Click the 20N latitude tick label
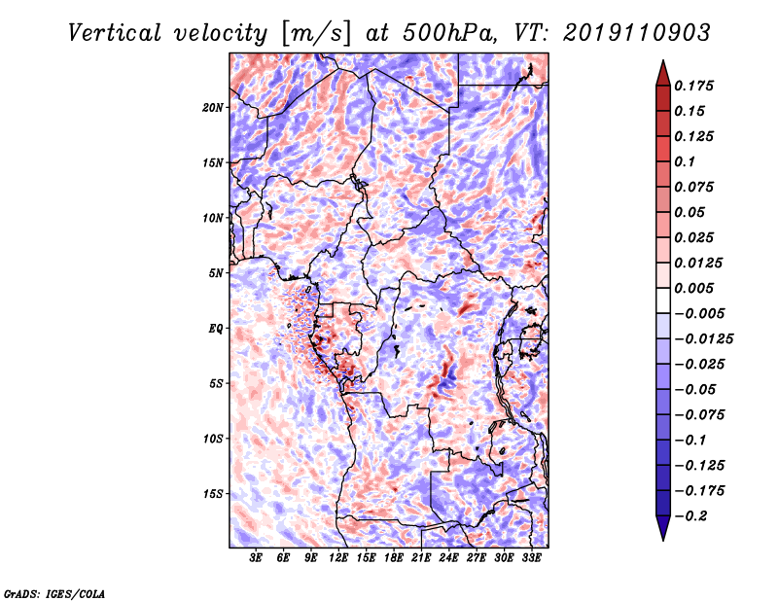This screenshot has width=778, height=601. [x=213, y=107]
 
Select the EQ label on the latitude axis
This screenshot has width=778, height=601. [x=216, y=328]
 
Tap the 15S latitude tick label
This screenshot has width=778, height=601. [x=213, y=493]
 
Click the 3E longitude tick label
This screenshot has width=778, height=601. [x=257, y=559]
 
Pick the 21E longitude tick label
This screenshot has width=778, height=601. [x=421, y=559]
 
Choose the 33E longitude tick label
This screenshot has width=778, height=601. [x=531, y=559]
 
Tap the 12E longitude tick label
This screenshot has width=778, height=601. [x=338, y=559]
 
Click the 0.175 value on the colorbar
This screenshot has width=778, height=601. [x=696, y=86]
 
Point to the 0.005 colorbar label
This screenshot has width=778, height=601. [x=696, y=288]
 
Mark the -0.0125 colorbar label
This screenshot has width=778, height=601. [x=705, y=338]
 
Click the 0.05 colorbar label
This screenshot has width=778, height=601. [x=691, y=212]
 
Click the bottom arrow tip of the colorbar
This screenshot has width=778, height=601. [x=662, y=538]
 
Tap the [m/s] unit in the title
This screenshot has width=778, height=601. [x=314, y=33]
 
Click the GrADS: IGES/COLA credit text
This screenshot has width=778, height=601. [x=53, y=592]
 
